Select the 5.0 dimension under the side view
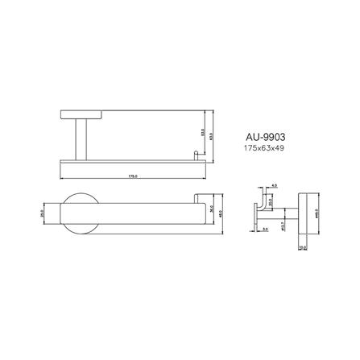point(266,228)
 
